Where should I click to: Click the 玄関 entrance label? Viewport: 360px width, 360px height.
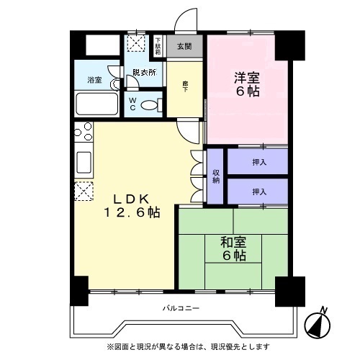tap(185, 47)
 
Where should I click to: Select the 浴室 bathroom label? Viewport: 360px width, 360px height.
tap(94, 79)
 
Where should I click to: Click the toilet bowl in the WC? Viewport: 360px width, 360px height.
tap(149, 104)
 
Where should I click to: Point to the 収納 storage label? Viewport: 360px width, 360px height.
tap(215, 176)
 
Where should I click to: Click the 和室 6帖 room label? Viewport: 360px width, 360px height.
tap(233, 249)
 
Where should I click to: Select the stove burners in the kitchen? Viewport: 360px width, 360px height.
tap(83, 132)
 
